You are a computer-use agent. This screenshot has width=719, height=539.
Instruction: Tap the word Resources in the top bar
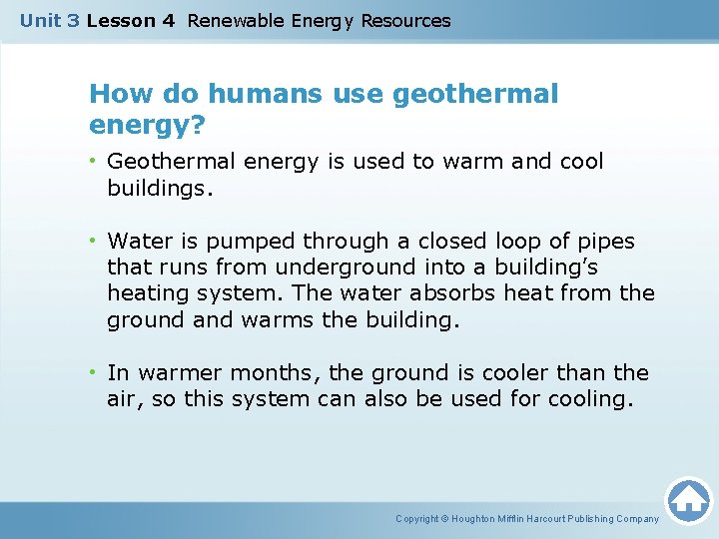click(x=405, y=20)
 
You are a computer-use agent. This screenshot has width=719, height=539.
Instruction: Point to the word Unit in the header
click(x=41, y=20)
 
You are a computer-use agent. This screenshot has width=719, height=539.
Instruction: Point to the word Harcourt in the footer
click(x=558, y=519)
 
